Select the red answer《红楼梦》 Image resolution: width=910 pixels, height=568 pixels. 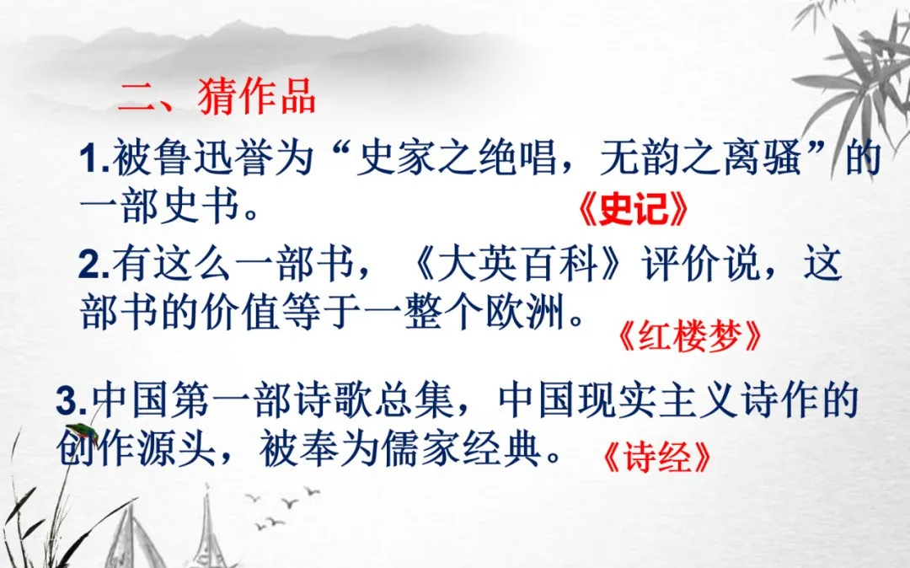pos(689,336)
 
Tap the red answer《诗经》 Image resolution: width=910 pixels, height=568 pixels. pos(656,458)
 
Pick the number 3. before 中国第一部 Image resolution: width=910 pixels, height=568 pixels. pos(72,401)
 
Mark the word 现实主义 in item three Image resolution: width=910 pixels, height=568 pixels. pos(659,400)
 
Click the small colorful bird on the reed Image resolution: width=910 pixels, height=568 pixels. pos(83,432)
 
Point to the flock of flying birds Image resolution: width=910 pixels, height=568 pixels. pos(285,506)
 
